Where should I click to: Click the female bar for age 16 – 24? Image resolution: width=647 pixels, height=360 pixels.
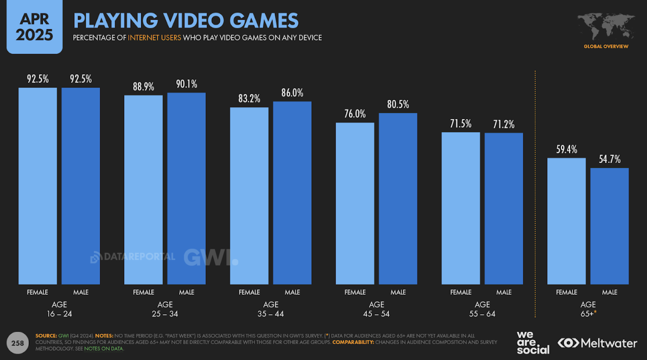38,186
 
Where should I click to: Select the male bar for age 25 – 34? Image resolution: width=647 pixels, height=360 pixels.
186,188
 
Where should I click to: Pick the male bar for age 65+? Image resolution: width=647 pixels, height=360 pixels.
609,226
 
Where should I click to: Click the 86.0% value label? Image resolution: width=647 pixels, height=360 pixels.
292,93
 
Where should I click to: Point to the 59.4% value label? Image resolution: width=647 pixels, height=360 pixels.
566,150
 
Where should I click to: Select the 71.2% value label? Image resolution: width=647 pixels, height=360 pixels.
503,125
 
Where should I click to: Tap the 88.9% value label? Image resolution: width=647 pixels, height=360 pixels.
143,87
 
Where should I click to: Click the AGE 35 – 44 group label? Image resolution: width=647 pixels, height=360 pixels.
271,309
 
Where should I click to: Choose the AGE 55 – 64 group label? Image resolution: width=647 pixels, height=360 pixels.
482,309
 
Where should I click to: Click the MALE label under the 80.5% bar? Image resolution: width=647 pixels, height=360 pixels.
398,292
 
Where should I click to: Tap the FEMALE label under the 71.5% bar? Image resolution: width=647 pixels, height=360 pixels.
461,292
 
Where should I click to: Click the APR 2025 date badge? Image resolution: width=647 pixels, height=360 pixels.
34,27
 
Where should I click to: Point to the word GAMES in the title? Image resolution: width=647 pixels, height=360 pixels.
264,21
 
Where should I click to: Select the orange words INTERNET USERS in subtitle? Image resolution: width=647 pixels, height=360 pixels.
154,38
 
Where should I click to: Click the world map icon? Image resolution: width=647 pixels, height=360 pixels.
606,26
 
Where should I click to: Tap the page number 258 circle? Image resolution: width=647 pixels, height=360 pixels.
17,343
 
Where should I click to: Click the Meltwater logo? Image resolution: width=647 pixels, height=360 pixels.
597,343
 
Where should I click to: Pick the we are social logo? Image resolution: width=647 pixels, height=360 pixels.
533,343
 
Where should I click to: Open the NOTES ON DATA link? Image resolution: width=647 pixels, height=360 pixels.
104,349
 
